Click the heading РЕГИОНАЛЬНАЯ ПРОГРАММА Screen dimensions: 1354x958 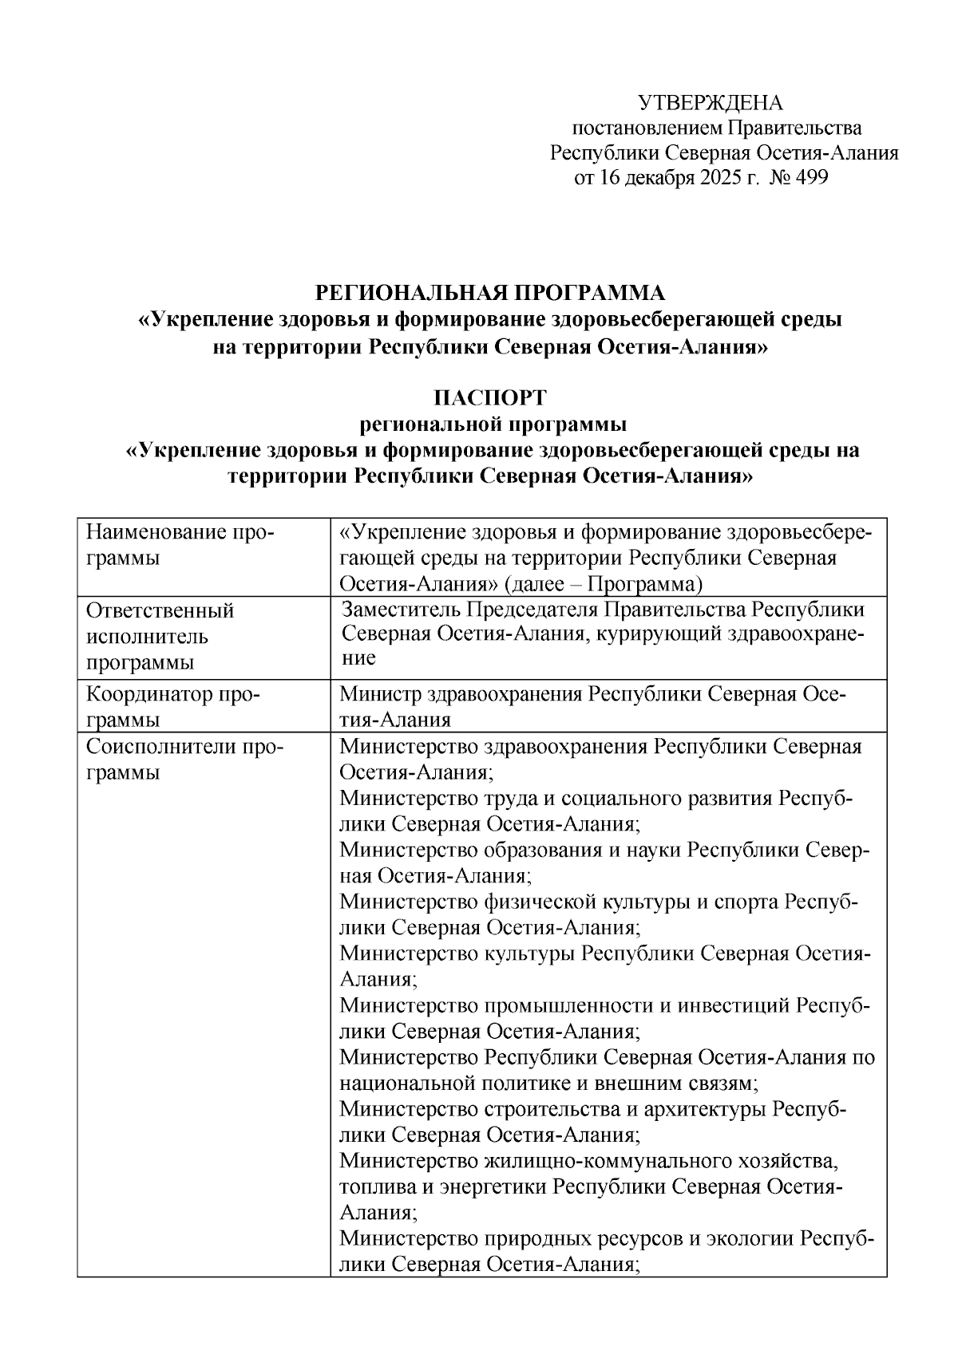click(x=489, y=293)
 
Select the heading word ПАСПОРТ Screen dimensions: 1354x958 click(x=489, y=397)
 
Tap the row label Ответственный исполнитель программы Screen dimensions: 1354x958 click(x=160, y=637)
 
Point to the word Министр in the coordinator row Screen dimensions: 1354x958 click(x=375, y=694)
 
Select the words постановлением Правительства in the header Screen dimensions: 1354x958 click(x=717, y=128)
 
